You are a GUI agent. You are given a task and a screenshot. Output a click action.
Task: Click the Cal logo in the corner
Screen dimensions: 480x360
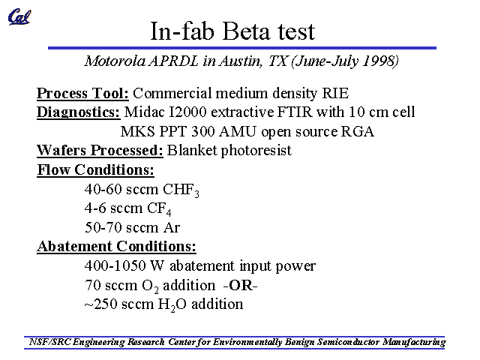coord(19,16)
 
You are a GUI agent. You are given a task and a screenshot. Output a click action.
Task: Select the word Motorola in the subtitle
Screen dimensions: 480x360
coord(115,61)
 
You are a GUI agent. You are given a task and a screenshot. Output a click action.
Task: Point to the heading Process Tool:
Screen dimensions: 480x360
coord(82,93)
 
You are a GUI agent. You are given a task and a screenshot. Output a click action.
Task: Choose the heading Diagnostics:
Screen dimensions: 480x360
coord(78,112)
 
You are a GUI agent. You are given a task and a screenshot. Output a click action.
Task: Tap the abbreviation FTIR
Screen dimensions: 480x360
coord(295,112)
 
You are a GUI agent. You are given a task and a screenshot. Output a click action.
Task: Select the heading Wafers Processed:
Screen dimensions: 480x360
coord(100,150)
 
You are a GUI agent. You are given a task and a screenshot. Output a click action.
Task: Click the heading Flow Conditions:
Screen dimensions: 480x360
coord(95,169)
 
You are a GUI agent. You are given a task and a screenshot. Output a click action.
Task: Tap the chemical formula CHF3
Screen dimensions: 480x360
coord(181,190)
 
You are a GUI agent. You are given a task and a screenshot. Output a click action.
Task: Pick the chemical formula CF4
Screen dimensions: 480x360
coord(159,209)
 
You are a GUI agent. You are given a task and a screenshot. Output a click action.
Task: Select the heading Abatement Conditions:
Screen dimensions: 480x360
coord(117,246)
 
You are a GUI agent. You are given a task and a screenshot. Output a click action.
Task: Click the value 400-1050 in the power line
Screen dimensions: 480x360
coord(115,265)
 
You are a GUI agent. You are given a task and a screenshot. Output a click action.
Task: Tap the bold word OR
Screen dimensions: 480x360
coord(240,285)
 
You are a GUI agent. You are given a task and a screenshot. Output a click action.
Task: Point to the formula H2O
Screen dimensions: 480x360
coord(172,304)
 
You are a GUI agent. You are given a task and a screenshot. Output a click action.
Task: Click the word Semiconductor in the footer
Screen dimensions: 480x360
coord(348,342)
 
